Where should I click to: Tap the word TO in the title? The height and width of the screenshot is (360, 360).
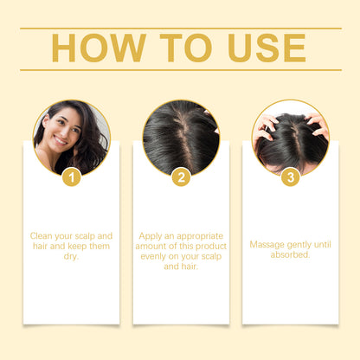179,48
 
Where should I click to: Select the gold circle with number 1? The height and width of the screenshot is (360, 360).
72,178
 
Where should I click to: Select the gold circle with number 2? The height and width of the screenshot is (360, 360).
181,178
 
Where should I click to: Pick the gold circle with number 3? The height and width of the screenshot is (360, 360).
290,178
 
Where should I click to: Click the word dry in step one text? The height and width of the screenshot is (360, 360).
72,256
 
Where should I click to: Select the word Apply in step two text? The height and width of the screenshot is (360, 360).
153,235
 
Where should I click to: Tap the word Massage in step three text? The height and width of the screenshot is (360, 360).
267,245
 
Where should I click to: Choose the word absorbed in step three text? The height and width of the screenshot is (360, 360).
290,255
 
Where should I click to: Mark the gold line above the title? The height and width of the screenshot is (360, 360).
180,28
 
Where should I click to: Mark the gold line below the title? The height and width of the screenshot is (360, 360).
180,69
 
